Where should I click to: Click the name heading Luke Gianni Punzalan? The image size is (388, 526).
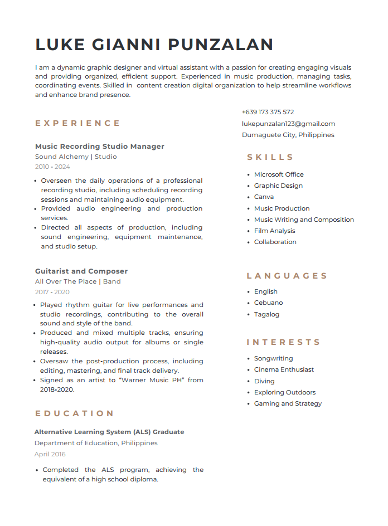pos(154,45)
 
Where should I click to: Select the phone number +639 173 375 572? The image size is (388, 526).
pos(268,112)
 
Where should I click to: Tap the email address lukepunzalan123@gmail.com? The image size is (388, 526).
pos(288,124)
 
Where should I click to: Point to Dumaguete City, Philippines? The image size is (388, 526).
pos(288,135)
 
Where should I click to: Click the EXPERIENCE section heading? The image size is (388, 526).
pos(77,123)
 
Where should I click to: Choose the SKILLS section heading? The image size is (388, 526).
pos(270,157)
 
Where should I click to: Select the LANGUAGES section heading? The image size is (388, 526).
pos(287,276)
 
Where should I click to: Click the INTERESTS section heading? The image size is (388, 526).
pos(283,342)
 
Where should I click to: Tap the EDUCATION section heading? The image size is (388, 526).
pos(74,413)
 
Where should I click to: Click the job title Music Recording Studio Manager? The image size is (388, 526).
pos(99,147)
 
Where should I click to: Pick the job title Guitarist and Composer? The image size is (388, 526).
pos(81,271)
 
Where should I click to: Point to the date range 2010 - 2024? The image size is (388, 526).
pos(52,167)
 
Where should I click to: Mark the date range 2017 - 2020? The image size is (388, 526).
pos(52,292)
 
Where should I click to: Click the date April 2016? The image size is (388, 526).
pos(50,454)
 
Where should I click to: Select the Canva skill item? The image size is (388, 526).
pos(264,197)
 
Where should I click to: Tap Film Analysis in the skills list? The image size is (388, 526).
pos(274,231)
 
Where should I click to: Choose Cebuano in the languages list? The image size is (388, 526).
pos(268,303)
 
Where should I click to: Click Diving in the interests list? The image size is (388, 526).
pos(264,381)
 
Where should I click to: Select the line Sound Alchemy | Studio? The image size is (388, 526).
pos(76,157)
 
